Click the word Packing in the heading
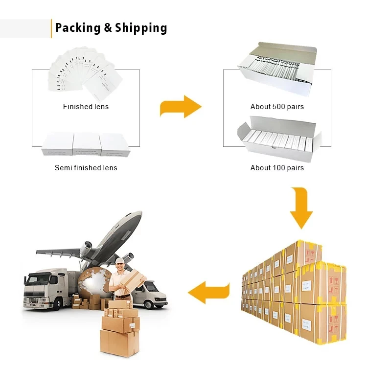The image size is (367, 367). pyautogui.click(x=78, y=28)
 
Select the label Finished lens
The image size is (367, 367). pyautogui.click(x=86, y=107)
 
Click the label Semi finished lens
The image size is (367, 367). pyautogui.click(x=86, y=168)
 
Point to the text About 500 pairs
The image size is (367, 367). pyautogui.click(x=277, y=107)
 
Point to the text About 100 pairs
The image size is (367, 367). pyautogui.click(x=277, y=168)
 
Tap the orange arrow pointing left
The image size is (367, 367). pyautogui.click(x=209, y=293)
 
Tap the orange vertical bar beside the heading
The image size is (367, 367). pyautogui.click(x=51, y=28)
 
